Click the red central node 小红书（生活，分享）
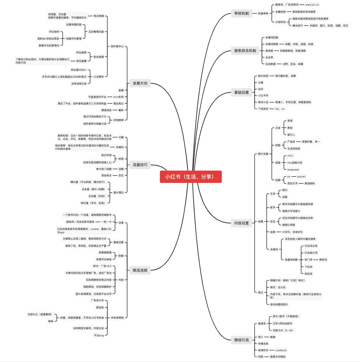[190, 177]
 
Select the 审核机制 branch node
[241, 13]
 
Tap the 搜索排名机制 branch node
[245, 51]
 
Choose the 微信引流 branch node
[241, 340]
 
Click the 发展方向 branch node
[140, 83]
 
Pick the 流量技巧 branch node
[140, 165]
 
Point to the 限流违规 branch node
[140, 270]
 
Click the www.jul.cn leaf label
[312, 5]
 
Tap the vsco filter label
[290, 156]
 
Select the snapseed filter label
[293, 170]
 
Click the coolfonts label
[281, 350]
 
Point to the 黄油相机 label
[309, 183]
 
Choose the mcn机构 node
[118, 97]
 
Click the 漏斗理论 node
[118, 193]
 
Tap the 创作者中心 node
[117, 46]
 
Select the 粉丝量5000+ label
[79, 70]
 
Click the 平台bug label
[99, 335]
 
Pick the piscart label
[301, 177]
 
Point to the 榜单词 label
[323, 260]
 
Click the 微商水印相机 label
[278, 357]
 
